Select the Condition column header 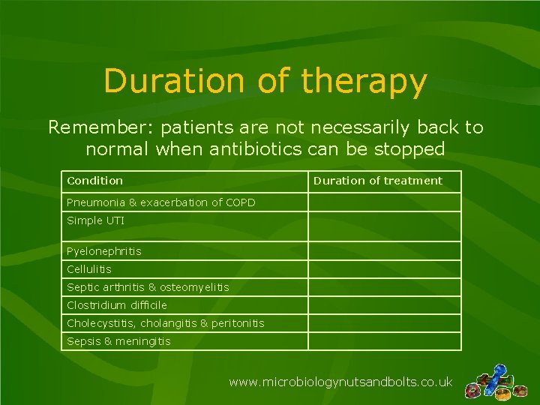tap(94, 181)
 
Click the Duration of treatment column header tap(378, 181)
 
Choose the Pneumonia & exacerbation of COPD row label tap(160, 202)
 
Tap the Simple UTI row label tap(95, 220)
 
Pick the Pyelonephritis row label tap(103, 251)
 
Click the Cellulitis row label tap(88, 269)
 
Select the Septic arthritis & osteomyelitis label tap(148, 287)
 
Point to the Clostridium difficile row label tap(116, 305)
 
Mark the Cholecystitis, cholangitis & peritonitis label tap(165, 323)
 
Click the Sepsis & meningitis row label tap(118, 341)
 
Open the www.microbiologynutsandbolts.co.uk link tap(340, 382)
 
